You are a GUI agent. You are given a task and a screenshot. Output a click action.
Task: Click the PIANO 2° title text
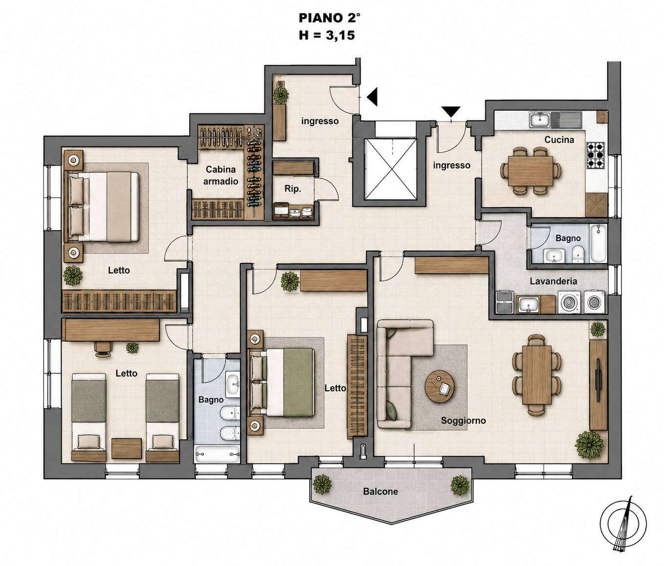[x=329, y=18]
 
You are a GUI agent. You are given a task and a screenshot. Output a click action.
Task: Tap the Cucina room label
[x=559, y=140]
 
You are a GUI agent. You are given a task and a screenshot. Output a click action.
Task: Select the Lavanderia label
[x=553, y=281]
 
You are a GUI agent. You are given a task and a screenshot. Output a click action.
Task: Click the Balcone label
[x=380, y=491]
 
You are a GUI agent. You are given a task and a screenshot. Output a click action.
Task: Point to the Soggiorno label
[x=463, y=420]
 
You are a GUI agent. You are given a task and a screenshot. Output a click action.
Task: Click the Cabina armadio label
[x=221, y=175]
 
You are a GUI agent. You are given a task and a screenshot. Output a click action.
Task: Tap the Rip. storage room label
[x=293, y=189]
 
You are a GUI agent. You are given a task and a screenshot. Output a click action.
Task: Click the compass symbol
[x=623, y=524]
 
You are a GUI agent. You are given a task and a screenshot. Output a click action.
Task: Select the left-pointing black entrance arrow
[x=372, y=96]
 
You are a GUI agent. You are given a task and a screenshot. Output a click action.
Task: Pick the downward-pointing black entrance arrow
[x=451, y=112]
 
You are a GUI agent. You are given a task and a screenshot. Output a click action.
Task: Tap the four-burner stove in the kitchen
[x=595, y=155]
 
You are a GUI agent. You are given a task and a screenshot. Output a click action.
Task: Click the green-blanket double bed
[x=282, y=382]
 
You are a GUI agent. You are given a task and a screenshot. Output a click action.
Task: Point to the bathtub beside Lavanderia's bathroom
[x=598, y=243]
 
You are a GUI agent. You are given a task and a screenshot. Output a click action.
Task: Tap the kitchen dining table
[x=531, y=171]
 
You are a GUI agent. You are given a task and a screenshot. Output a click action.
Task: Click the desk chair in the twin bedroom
[x=104, y=349]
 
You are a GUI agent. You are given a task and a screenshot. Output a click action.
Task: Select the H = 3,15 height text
[x=327, y=35]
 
